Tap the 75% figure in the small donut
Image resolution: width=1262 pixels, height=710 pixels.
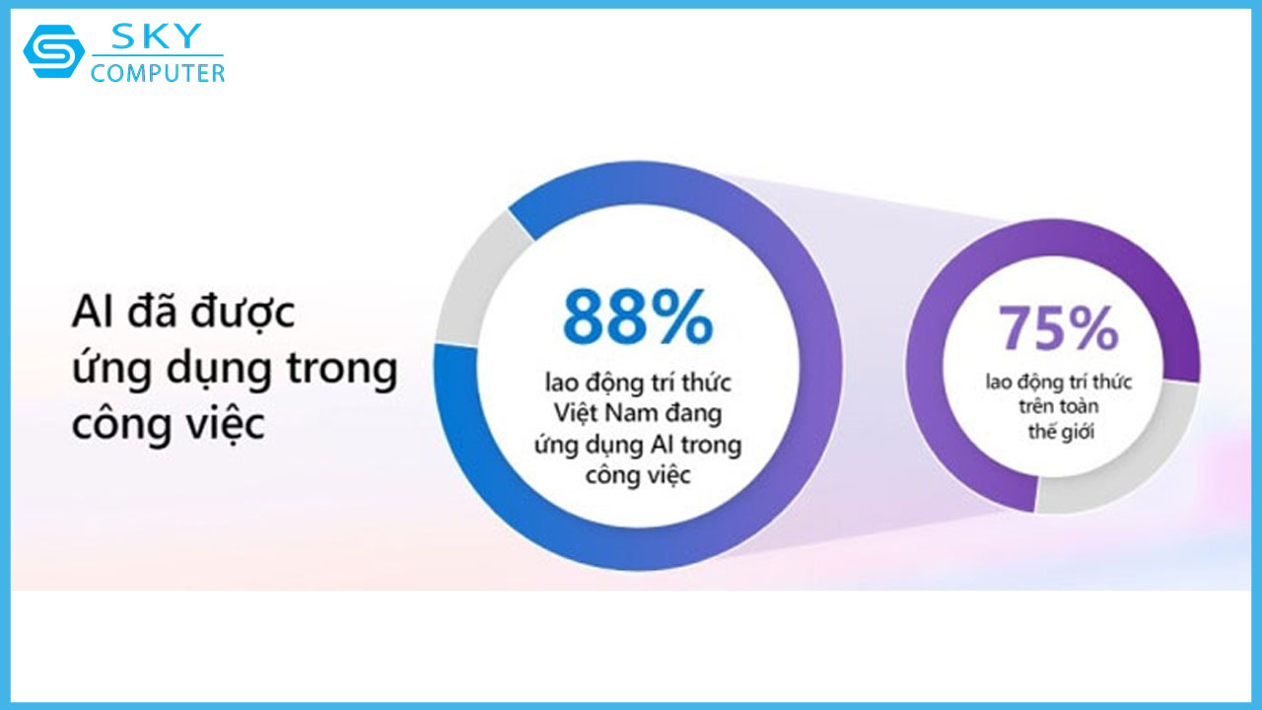[1058, 328]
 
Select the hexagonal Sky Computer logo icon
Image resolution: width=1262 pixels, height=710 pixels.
[53, 51]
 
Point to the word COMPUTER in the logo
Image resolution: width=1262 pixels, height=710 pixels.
[158, 72]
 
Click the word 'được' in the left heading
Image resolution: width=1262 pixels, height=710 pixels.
[245, 315]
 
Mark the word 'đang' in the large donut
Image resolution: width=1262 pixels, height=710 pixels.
[695, 412]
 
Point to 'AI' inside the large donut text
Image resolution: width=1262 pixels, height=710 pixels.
[660, 445]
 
